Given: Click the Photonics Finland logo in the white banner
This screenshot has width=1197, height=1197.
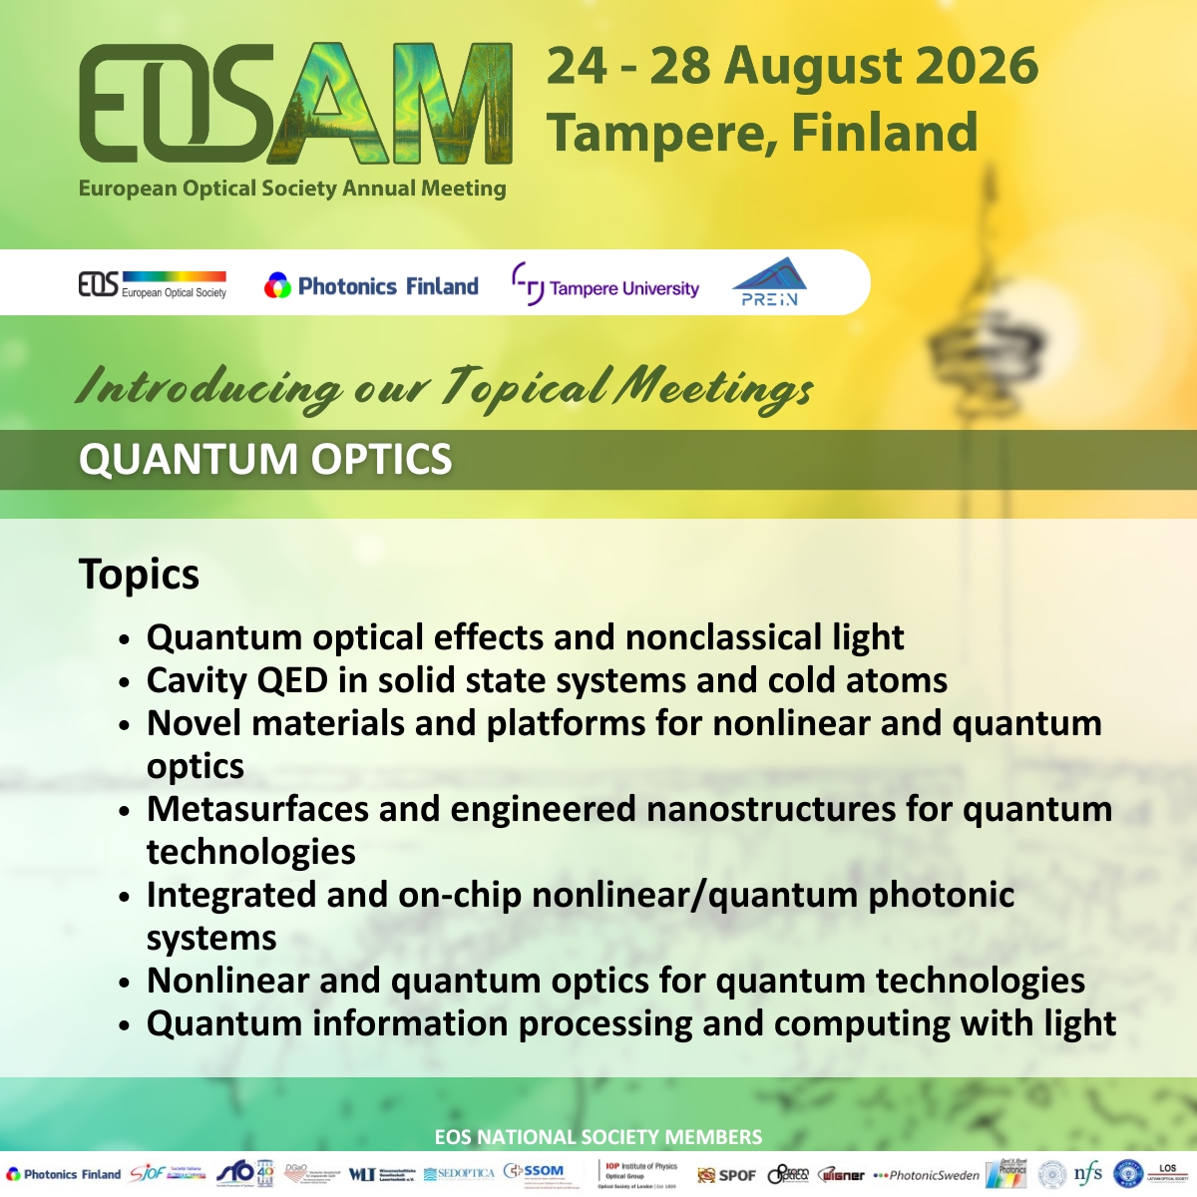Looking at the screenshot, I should pyautogui.click(x=371, y=286).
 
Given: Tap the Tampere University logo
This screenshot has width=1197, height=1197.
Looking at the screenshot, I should pyautogui.click(x=605, y=286).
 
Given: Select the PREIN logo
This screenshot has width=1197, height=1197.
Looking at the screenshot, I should pyautogui.click(x=769, y=282).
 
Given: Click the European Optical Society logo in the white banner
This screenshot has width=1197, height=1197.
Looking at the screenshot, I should pyautogui.click(x=153, y=285).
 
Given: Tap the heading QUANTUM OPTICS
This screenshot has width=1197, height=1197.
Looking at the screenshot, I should pyautogui.click(x=265, y=459).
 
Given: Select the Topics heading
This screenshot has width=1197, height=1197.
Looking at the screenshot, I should pyautogui.click(x=139, y=575).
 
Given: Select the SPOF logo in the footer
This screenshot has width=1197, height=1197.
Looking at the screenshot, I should pyautogui.click(x=727, y=1174).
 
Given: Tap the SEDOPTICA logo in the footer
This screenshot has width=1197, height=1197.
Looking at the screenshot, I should pyautogui.click(x=459, y=1174).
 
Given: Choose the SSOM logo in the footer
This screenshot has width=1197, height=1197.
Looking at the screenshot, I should pyautogui.click(x=535, y=1171).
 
